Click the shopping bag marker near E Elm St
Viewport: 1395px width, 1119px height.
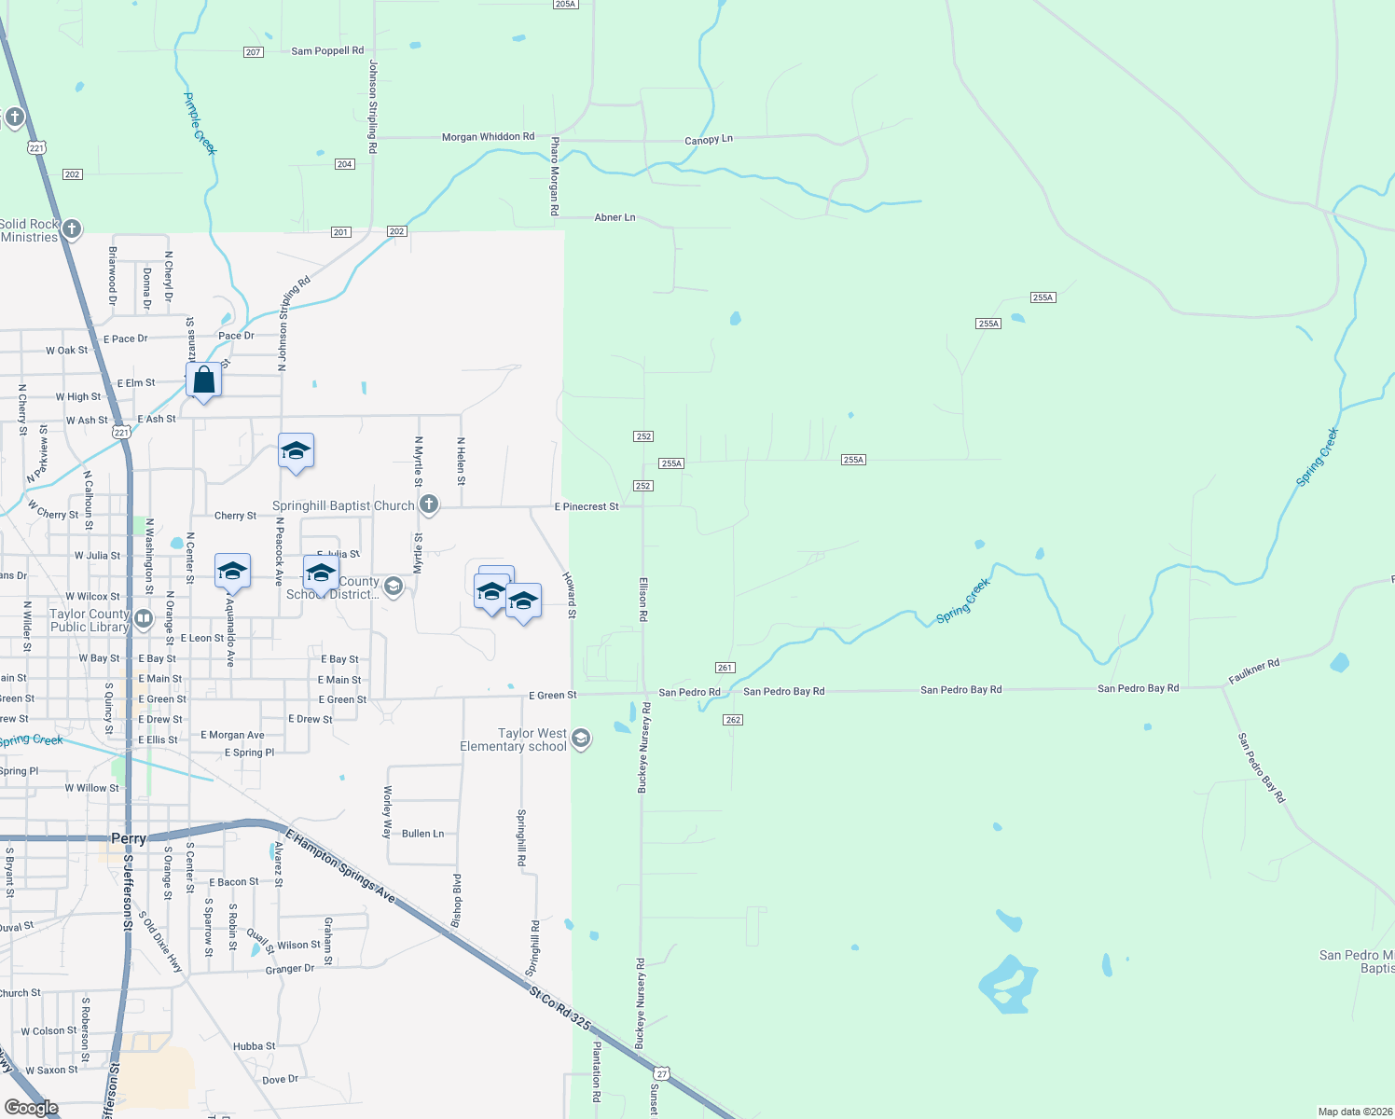[203, 380]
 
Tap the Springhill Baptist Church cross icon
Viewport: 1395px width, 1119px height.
[429, 505]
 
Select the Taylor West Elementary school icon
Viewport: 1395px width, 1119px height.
[581, 739]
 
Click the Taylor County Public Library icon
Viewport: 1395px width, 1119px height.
[143, 618]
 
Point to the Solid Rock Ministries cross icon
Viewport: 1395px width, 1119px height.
[71, 228]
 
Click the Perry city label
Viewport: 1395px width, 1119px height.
[129, 838]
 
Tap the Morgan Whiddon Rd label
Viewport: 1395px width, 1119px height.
[488, 137]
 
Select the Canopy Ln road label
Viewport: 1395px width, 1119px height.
[709, 140]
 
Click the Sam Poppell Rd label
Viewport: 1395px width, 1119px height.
[327, 51]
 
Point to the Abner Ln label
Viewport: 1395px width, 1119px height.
[615, 217]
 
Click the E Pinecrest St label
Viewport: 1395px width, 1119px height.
[587, 507]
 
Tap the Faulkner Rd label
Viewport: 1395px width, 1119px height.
[1253, 671]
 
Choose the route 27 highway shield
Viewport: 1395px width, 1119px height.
[661, 1073]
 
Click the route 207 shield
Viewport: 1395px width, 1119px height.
[254, 52]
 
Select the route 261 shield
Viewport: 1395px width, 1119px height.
[725, 668]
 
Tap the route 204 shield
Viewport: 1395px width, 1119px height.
[344, 164]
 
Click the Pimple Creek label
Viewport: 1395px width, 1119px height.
[200, 123]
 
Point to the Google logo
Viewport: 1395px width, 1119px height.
[32, 1108]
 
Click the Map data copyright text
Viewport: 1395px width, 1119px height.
[1353, 1112]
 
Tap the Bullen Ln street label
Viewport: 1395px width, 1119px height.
[422, 834]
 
